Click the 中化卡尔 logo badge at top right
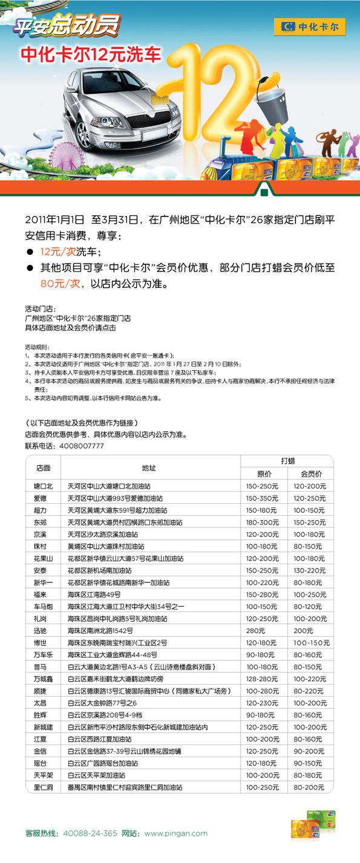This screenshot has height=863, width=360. tap(310, 27)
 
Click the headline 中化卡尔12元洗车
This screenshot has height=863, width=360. tap(92, 54)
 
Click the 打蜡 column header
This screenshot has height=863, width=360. tap(287, 460)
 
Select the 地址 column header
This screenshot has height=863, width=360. tap(149, 467)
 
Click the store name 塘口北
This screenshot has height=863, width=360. tap(44, 486)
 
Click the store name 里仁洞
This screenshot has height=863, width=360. tap(44, 787)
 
